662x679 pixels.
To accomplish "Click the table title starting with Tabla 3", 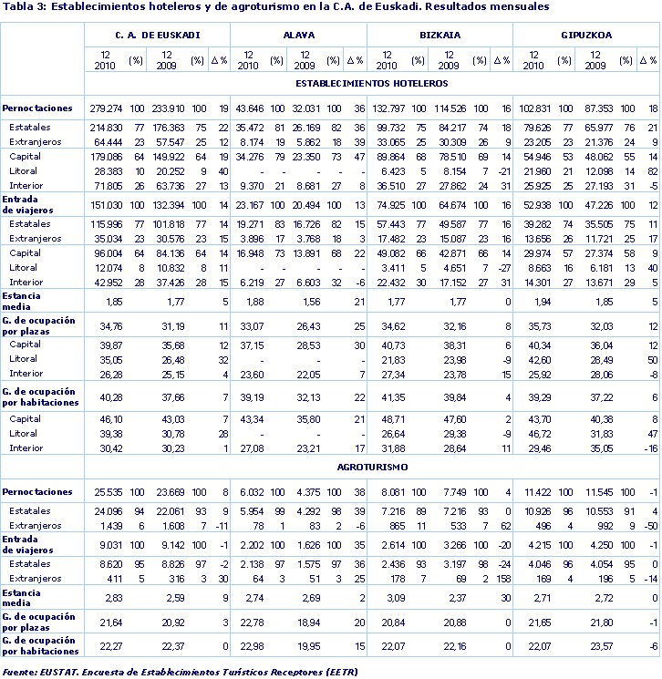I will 276,7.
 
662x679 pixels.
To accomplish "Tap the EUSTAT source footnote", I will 180,672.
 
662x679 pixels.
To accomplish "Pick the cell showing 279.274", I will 107,108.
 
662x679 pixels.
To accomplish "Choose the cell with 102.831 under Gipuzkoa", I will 536,108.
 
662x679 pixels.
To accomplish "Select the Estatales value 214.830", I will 107,128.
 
